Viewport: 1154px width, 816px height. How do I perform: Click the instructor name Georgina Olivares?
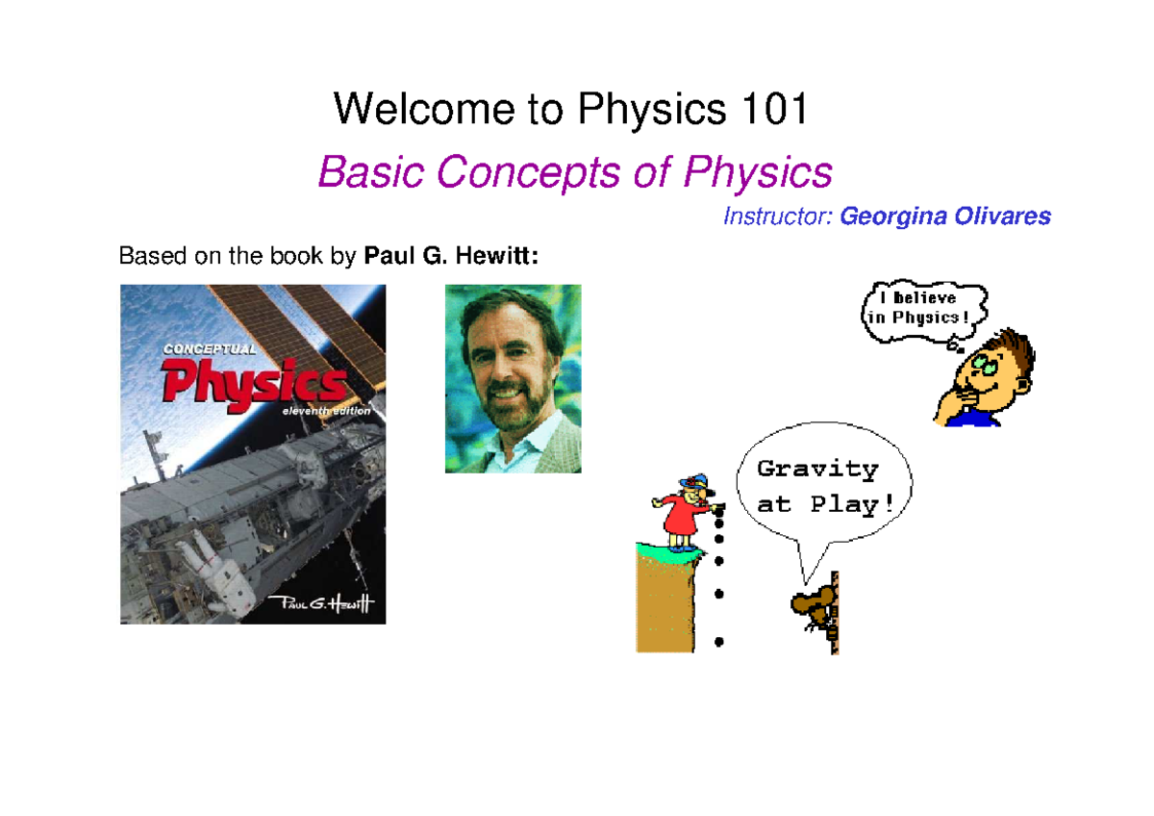945,217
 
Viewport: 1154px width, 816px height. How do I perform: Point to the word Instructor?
777,217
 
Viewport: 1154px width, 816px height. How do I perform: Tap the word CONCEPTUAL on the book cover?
209,349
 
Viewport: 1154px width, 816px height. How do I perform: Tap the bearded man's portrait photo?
513,378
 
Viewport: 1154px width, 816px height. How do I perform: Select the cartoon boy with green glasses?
986,380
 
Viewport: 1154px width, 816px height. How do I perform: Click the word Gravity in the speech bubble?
817,470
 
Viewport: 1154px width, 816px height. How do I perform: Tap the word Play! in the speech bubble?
845,503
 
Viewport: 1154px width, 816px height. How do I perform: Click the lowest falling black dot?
719,640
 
